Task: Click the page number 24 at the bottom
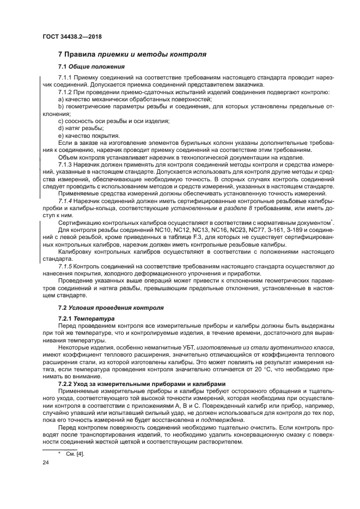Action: click(x=46, y=462)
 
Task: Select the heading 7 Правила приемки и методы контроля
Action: click(x=131, y=55)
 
